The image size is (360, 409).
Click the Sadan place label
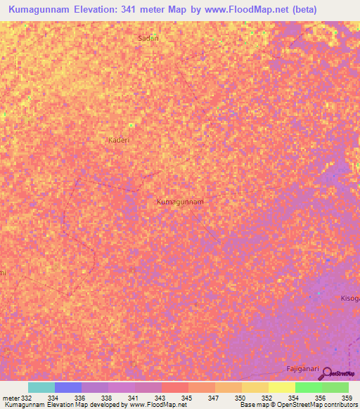[x=148, y=39]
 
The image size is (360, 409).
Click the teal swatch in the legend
[x=41, y=387]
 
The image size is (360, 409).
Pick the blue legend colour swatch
[x=67, y=387]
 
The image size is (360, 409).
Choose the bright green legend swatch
[x=308, y=387]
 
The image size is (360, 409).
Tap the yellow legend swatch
[x=281, y=387]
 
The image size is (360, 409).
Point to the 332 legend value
[x=26, y=398]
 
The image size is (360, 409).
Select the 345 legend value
[x=186, y=398]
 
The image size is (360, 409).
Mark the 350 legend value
[x=240, y=398]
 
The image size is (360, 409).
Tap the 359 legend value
[x=347, y=398]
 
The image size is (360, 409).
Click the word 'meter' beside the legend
[x=10, y=398]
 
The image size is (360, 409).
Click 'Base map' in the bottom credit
[x=255, y=405]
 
